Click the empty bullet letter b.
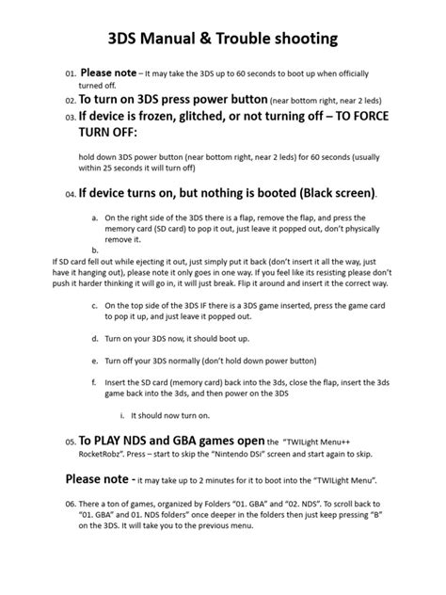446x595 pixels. (x=95, y=249)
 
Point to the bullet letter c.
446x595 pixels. (x=95, y=306)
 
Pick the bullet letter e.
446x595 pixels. (x=95, y=360)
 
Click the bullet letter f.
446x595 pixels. (x=95, y=381)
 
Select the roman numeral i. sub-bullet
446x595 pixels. (x=123, y=415)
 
